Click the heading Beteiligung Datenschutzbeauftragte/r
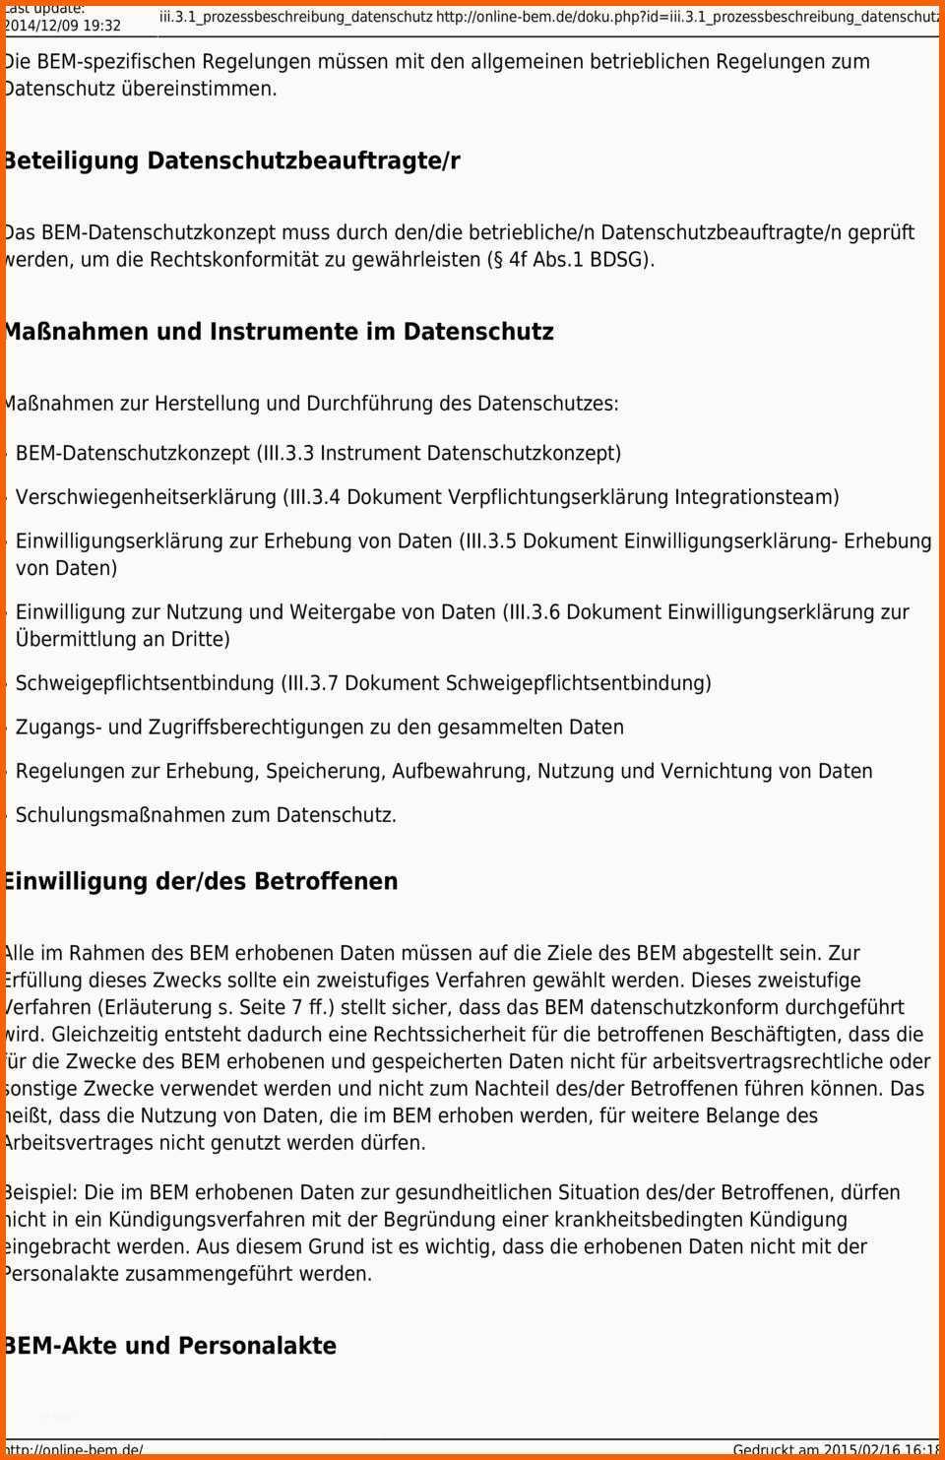231,160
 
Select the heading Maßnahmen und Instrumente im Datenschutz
278,332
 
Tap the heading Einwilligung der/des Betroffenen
200,881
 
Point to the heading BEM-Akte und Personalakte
169,1346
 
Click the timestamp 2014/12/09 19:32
63,26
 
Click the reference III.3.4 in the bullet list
314,497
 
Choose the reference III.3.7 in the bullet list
312,683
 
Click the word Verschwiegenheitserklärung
146,497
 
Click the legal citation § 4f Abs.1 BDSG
567,261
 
